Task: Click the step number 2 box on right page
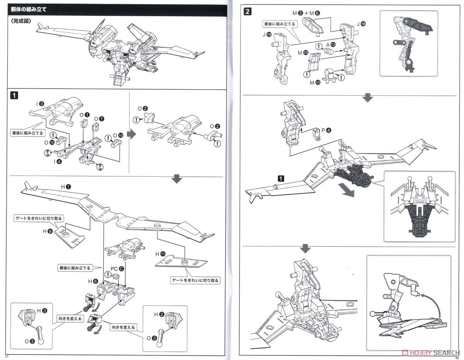(247, 11)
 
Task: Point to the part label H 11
(160, 254)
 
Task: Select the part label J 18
(361, 24)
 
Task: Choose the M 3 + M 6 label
(306, 13)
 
